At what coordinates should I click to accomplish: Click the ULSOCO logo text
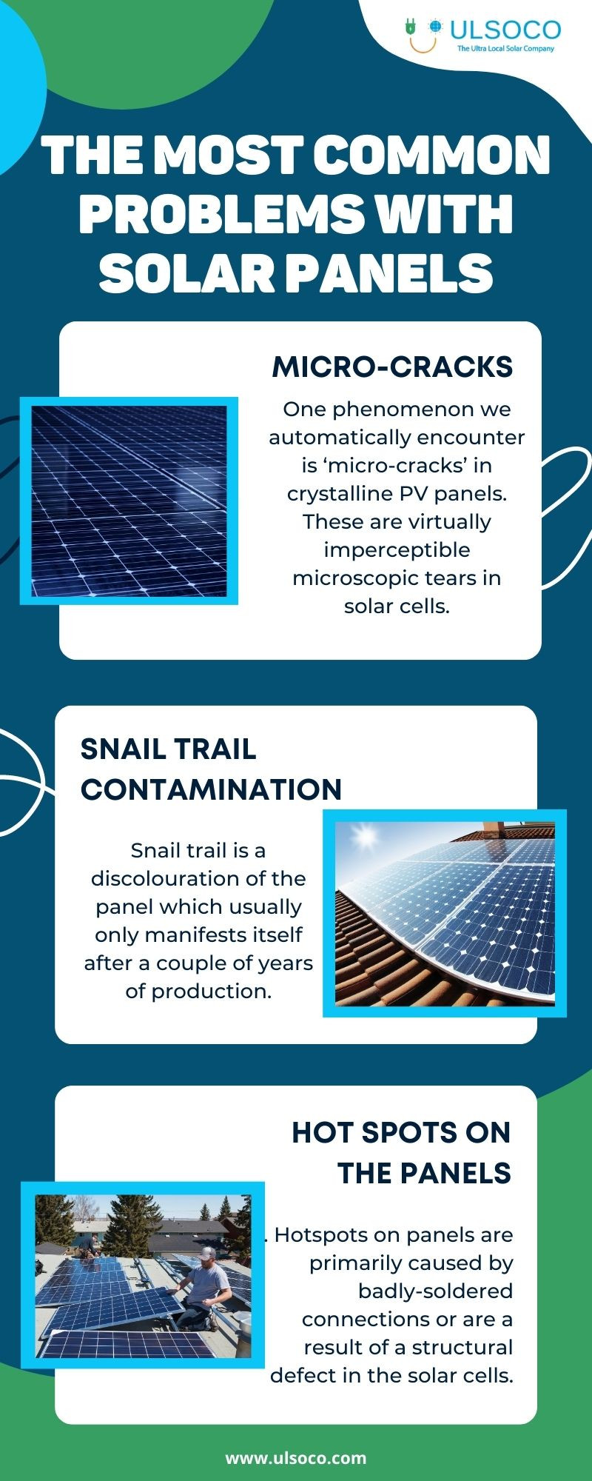505,30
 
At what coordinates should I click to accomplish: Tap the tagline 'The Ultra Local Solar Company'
505,49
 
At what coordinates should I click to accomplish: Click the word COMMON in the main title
432,156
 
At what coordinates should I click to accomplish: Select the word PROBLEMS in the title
221,214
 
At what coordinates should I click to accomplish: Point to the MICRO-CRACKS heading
392,367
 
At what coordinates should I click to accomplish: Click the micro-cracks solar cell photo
129,501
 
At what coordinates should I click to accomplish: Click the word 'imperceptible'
397,550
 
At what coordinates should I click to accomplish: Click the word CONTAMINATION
211,789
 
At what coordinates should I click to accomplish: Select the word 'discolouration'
198,879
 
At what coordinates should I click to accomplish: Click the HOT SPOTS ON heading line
401,1132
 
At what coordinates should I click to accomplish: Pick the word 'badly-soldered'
435,1291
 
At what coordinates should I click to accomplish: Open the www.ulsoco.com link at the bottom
296,1458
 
